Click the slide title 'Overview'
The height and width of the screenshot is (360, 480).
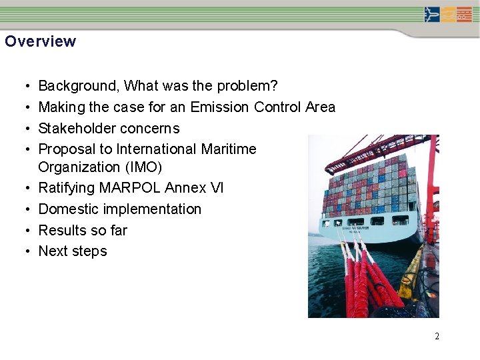[x=40, y=41]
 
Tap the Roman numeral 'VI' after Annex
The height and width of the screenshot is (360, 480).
[x=217, y=188]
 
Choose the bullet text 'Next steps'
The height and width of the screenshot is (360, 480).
[x=73, y=251]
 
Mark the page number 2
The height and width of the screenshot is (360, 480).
[x=437, y=337]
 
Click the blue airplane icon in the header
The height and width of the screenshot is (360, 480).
[x=432, y=14]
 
